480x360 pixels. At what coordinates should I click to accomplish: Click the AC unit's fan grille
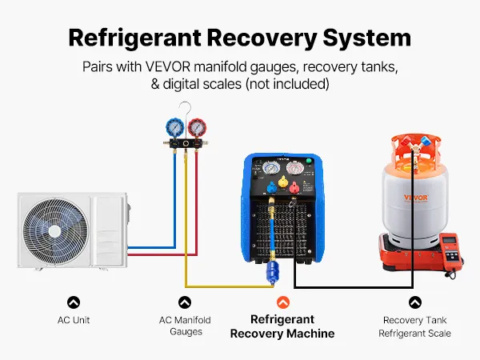point(54,226)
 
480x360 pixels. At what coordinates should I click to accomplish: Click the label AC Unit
point(74,320)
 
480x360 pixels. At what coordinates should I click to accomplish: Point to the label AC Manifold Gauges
point(185,326)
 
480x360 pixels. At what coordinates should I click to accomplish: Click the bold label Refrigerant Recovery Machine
point(282,326)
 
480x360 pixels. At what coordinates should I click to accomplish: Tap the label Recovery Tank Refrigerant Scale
point(414,326)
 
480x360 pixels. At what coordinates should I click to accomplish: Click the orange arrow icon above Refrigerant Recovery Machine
point(282,302)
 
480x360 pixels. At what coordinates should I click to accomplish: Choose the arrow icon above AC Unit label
point(74,302)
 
